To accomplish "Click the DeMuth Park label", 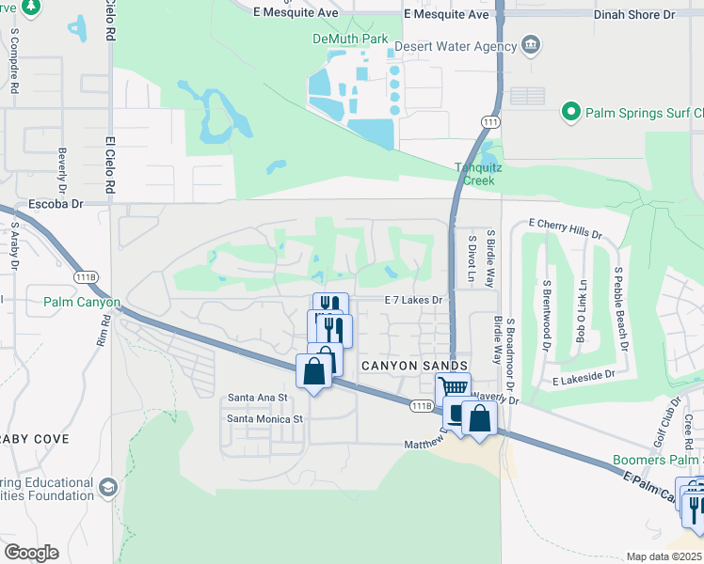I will point(350,39).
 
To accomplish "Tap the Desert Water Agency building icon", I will point(531,45).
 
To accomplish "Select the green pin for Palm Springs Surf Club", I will point(570,113).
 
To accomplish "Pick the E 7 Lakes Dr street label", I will point(413,300).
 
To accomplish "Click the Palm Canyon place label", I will point(82,303).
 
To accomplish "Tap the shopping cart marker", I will point(453,386).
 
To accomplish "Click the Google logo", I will point(31,553).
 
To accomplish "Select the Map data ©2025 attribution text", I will point(664,556).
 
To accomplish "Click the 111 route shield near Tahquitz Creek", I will point(489,122).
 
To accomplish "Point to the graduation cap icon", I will point(108,486).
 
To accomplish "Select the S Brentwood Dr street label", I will point(546,314).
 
